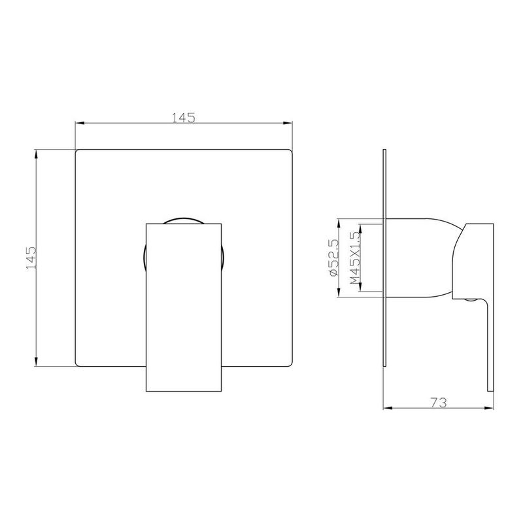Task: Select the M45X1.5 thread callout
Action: pos(356,258)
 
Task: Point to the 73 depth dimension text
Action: pos(439,403)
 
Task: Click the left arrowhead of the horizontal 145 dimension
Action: pos(80,123)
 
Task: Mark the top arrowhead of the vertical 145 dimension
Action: pos(37,154)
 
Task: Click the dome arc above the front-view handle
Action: pos(184,219)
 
